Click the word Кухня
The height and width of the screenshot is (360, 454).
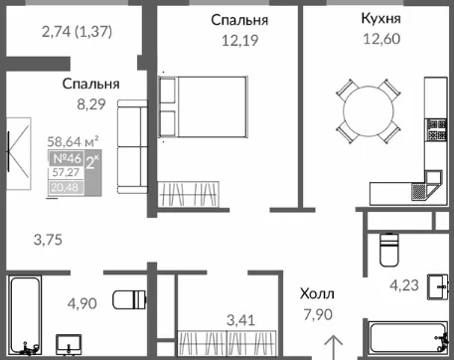(x=380, y=18)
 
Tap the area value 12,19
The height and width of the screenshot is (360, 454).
(x=239, y=41)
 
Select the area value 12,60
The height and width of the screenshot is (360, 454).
(x=381, y=39)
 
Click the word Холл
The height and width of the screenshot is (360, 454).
(x=317, y=293)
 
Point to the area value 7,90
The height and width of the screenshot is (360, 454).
(x=318, y=314)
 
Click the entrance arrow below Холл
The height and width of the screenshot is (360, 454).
(x=333, y=347)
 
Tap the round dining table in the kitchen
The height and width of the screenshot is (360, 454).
(x=369, y=111)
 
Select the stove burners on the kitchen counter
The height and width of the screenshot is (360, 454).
(x=436, y=130)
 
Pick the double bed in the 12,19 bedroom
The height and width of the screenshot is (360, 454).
(x=204, y=106)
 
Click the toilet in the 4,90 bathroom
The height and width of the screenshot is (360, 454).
(x=129, y=299)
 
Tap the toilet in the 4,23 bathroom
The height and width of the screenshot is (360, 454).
(x=389, y=250)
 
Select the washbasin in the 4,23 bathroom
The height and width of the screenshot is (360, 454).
(x=438, y=286)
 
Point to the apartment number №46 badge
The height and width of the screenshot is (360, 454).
(x=67, y=158)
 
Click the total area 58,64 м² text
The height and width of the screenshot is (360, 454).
(x=73, y=141)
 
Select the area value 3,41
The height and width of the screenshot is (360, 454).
(x=240, y=320)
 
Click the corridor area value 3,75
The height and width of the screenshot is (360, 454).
(x=48, y=240)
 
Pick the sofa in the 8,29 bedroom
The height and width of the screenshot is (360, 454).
(x=132, y=147)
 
